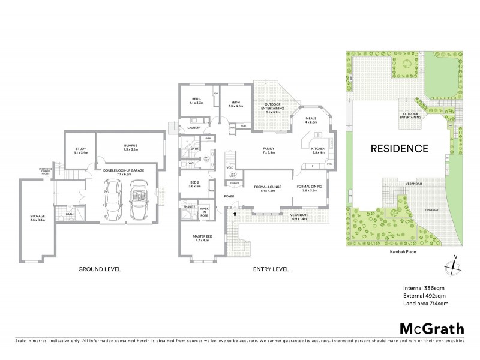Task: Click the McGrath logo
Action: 431,328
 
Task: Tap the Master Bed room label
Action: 200,238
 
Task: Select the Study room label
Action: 81,151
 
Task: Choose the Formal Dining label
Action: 310,188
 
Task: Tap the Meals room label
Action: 310,120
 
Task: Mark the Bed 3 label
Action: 196,101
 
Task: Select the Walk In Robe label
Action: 204,212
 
